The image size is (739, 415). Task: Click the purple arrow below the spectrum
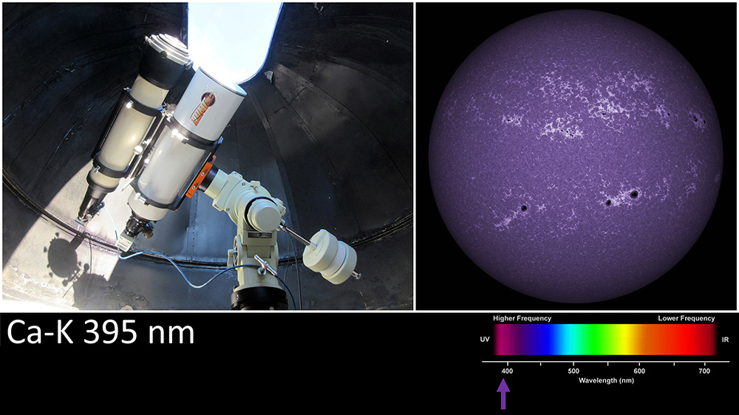[x=503, y=394]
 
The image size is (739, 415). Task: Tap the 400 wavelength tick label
[x=507, y=371]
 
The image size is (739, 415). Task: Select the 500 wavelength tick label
[x=573, y=371]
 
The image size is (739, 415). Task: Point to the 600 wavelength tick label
[x=639, y=371]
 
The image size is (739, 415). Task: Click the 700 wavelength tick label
[x=704, y=371]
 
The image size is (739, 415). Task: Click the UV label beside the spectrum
[x=485, y=339]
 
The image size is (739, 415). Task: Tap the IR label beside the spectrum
[x=725, y=339]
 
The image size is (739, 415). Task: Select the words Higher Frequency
[x=522, y=318]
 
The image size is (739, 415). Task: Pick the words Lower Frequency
[x=687, y=318]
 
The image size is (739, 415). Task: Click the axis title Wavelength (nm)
[x=606, y=380]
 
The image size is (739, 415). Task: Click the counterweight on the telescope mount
[x=330, y=256]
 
